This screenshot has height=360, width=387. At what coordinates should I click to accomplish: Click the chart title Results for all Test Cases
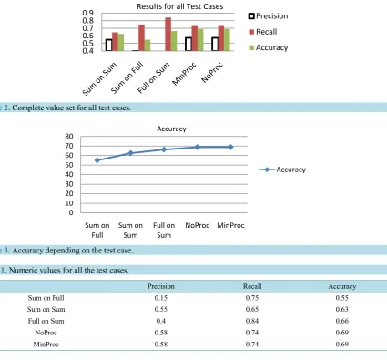180,6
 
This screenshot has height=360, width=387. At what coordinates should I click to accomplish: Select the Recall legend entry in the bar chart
263,32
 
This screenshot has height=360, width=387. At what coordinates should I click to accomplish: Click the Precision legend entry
269,16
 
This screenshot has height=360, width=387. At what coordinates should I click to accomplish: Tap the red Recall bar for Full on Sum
168,34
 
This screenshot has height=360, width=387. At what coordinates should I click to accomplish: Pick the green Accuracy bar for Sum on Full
148,46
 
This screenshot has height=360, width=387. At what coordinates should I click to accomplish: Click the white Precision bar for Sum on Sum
109,45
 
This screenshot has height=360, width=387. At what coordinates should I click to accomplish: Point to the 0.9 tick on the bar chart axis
88,13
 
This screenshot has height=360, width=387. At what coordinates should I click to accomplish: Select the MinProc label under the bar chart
184,74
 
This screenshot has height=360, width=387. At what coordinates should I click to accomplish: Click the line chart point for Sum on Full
97,160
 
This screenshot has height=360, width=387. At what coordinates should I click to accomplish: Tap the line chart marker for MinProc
230,147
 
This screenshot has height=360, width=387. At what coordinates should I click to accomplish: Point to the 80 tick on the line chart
69,137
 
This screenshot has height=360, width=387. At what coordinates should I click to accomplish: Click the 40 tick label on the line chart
69,174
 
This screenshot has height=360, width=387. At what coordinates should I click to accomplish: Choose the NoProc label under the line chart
198,225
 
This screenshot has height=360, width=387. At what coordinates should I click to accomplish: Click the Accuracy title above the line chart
171,129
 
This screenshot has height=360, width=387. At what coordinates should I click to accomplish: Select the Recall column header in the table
252,286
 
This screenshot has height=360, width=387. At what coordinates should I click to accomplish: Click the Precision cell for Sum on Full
161,298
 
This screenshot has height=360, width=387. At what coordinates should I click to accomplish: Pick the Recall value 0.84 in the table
252,321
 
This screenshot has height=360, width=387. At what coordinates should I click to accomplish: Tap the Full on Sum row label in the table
46,321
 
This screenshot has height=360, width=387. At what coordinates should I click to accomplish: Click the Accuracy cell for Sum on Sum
342,309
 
